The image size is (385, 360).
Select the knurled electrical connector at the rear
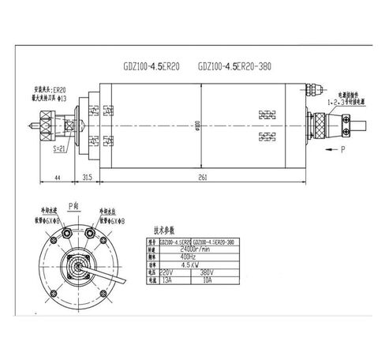(326, 123)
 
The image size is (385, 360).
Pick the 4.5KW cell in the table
(189, 264)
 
